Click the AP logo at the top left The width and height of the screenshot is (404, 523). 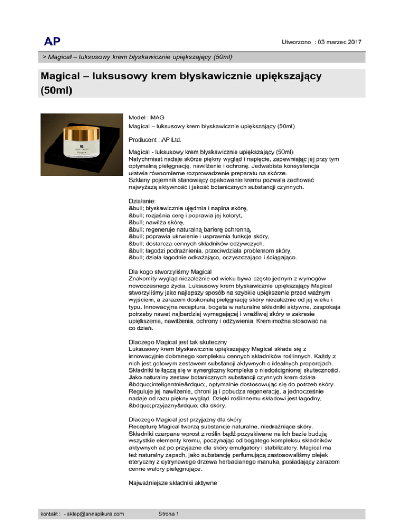point(53,41)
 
